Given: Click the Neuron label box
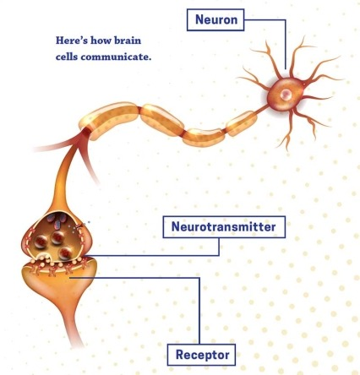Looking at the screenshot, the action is [x=215, y=19].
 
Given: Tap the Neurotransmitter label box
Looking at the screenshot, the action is [x=224, y=227].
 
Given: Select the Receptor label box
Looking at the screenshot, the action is [x=201, y=355].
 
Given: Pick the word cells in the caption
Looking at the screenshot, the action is [x=67, y=57].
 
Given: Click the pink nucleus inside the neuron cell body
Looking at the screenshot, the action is [x=286, y=94].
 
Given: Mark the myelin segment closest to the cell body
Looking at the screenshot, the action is [x=242, y=123].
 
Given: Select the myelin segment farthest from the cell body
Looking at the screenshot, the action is [x=109, y=121].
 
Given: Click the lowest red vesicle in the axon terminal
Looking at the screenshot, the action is [x=66, y=253].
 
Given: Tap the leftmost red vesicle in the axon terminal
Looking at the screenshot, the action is [x=41, y=242].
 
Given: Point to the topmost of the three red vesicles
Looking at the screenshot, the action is [x=57, y=238].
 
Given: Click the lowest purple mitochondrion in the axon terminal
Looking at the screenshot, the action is [x=57, y=225].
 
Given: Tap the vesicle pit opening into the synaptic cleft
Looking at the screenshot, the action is [x=44, y=257].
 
